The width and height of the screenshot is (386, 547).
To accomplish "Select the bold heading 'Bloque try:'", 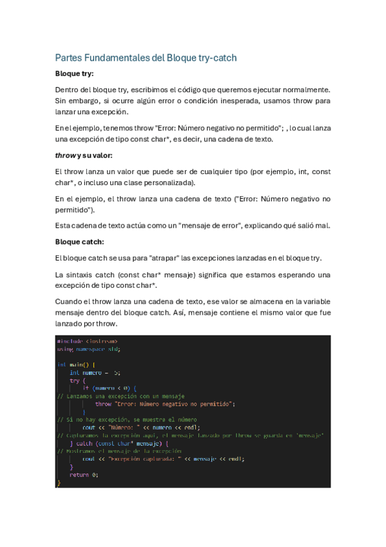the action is point(74,74).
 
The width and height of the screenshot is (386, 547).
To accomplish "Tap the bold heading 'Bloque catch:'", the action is point(79,242).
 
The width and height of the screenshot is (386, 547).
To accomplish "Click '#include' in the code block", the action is point(69,341).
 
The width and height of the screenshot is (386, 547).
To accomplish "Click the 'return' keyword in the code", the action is point(79,475).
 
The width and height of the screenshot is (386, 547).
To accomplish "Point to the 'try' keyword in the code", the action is point(74,381).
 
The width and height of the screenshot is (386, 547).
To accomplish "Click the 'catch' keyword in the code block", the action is point(84,443).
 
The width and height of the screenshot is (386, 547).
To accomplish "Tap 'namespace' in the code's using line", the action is point(90,349).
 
